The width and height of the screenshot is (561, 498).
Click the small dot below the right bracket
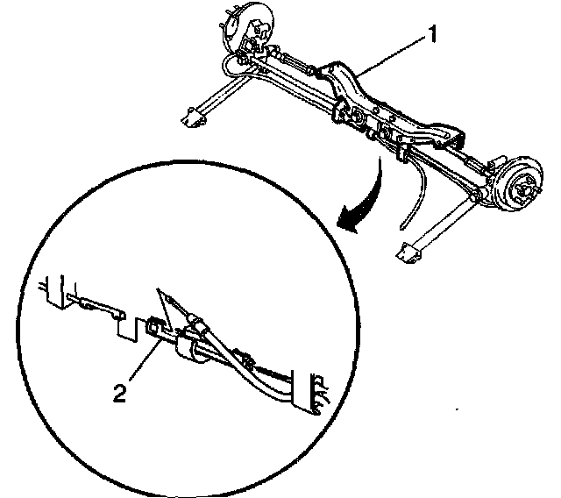(x=457, y=409)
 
